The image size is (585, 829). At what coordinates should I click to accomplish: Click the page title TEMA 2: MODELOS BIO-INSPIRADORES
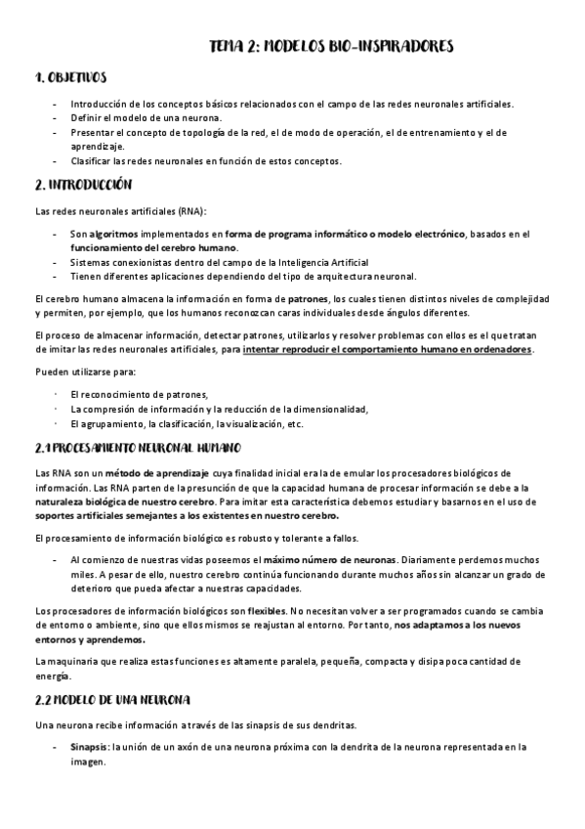[x=331, y=47]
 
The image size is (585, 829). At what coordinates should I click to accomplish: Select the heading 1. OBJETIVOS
[x=71, y=78]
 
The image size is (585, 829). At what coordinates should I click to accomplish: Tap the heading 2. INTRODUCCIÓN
[x=83, y=185]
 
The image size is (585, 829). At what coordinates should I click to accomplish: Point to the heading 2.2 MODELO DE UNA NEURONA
[x=113, y=701]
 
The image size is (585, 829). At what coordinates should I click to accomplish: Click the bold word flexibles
[x=267, y=610]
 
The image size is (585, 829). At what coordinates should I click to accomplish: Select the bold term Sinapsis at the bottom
[x=90, y=747]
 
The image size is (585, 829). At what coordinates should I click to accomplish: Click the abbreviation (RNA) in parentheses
[x=191, y=212]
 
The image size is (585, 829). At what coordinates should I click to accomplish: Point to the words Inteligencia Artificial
[x=314, y=262]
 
